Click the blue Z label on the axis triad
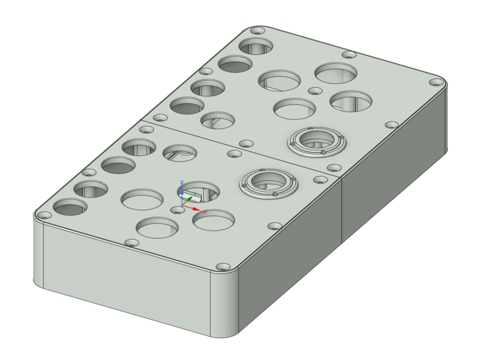[182, 182]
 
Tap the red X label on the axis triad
[205, 212]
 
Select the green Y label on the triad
[195, 194]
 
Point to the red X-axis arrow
[191, 208]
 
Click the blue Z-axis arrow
[182, 196]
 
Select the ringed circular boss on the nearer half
[269, 183]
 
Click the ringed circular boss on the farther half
[317, 141]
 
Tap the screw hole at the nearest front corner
[223, 267]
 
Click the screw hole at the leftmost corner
[45, 216]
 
